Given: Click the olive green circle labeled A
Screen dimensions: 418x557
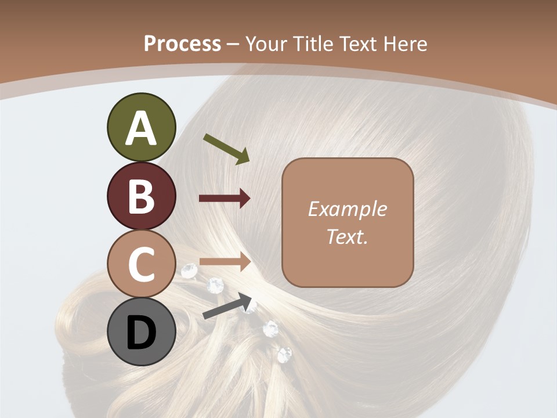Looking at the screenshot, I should [142, 127].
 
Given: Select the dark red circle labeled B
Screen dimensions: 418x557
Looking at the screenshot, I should [142, 196].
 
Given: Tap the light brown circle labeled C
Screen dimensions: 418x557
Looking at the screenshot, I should [142, 264].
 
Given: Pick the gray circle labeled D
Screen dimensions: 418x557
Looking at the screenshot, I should [142, 332].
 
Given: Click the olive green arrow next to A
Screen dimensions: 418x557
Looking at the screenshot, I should [226, 148].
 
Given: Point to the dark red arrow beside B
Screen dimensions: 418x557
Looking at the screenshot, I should [225, 199].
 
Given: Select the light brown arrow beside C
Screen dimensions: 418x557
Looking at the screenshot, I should [225, 262].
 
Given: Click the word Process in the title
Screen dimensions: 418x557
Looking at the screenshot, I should [182, 44].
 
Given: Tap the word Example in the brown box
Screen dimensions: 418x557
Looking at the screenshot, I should [347, 209].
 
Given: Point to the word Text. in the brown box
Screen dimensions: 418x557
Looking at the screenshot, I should [347, 236].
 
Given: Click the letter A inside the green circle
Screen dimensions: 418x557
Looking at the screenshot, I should [142, 128].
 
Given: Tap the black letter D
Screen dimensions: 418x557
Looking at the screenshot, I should [142, 333].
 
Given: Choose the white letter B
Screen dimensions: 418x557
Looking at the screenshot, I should [142, 196].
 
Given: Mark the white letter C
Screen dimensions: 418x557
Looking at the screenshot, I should [142, 265].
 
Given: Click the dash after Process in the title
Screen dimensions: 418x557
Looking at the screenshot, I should [233, 44].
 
